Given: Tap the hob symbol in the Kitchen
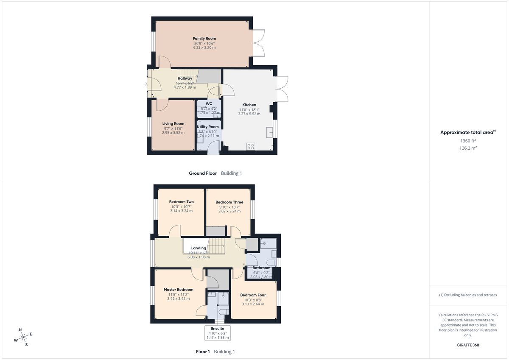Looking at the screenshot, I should click(x=251, y=147).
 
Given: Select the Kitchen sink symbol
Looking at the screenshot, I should click(x=269, y=132).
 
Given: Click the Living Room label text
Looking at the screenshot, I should click(x=173, y=124).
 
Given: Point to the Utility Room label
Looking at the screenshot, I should click(x=208, y=127).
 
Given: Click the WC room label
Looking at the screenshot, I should click(x=209, y=103).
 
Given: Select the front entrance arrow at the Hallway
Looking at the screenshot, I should click(x=145, y=84).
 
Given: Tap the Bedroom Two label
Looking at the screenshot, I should click(x=181, y=202).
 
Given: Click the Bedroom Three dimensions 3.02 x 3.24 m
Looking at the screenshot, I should click(x=229, y=211).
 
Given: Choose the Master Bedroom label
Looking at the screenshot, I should click(x=178, y=290).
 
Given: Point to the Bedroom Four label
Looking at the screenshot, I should click(x=253, y=295).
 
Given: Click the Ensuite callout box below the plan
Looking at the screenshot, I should click(x=218, y=333).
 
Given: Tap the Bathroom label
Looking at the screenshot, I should click(x=261, y=268).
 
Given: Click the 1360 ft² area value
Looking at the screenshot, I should click(x=468, y=141).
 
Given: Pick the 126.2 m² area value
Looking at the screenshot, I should click(x=468, y=148).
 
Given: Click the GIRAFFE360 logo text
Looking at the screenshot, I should click(x=468, y=345).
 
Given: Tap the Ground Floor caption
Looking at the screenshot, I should click(x=203, y=173).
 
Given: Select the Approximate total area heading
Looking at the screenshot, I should click(x=467, y=133).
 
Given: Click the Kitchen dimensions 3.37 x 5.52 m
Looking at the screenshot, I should click(x=249, y=114).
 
